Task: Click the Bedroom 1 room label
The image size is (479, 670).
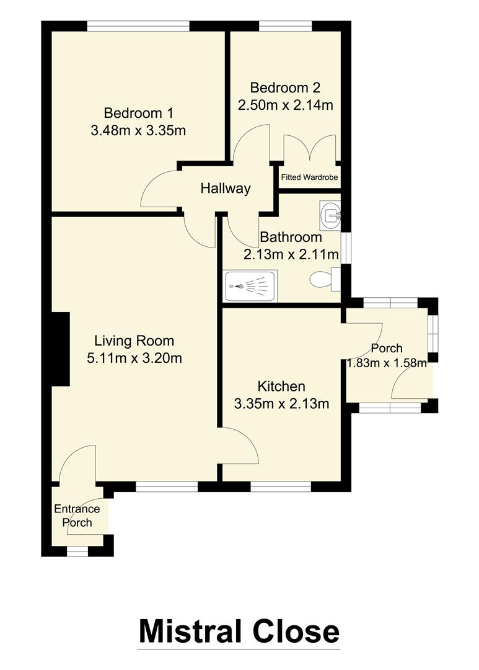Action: point(138,114)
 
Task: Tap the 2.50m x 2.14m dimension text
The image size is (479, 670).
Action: point(286,105)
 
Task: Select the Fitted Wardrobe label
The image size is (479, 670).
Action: point(309,177)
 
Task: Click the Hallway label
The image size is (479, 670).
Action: point(226,189)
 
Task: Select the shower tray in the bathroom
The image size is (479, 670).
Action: point(250,287)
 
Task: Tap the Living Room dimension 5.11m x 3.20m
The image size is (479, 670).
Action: point(134,358)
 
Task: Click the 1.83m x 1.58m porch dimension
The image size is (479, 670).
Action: point(387,363)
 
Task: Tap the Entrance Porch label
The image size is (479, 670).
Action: point(77,516)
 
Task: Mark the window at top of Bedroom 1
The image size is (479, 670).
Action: point(138,26)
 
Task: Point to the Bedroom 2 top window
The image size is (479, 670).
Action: point(286,26)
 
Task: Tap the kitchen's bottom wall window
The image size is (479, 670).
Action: point(281,487)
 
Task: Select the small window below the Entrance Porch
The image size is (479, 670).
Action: point(77,550)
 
